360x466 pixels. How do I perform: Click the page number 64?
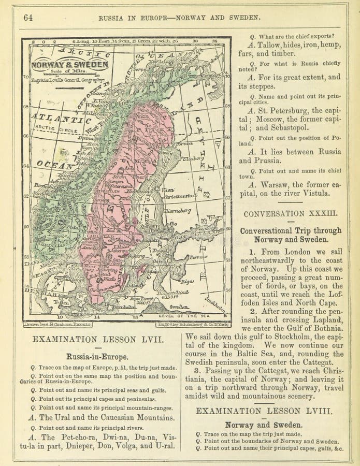(27, 17)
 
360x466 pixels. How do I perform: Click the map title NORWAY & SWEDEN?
(69, 65)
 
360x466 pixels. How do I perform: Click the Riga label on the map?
(201, 281)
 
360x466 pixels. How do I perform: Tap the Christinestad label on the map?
(180, 196)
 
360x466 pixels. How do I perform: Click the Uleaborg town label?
(192, 158)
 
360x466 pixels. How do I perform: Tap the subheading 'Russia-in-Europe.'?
(97, 356)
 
